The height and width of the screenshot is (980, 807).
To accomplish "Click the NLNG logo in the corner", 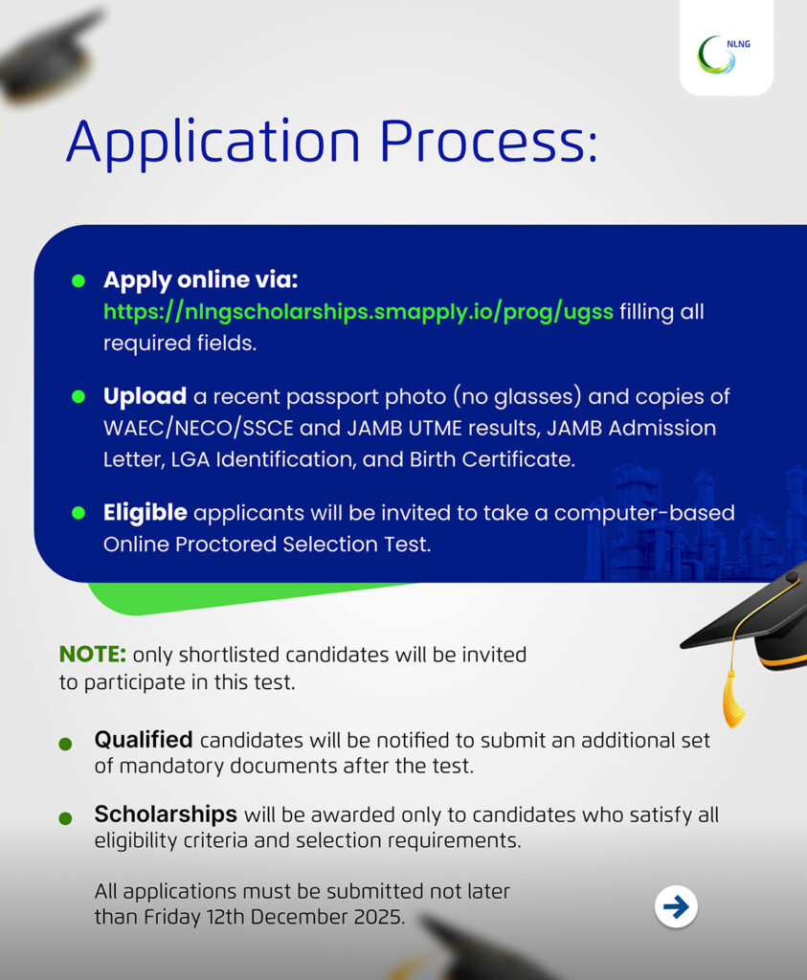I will click(x=725, y=54).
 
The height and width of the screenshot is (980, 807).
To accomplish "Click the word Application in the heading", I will click(x=213, y=142).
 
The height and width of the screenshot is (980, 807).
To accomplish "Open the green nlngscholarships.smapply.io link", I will click(x=358, y=312).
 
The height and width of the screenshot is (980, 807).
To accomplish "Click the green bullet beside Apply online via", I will click(x=78, y=281).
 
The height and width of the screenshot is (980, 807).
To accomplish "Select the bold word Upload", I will click(x=145, y=396).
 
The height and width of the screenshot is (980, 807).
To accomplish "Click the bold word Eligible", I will click(x=145, y=513).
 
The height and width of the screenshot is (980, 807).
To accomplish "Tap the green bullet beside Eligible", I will click(x=78, y=514).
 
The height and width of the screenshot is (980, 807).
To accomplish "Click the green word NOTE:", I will click(x=93, y=655).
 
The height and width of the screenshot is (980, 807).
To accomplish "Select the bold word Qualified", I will click(x=144, y=740).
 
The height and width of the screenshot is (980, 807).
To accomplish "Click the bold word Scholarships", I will click(x=166, y=814).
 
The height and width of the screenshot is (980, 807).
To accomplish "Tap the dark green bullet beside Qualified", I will click(x=65, y=744).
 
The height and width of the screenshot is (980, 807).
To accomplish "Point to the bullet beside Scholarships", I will click(x=65, y=818).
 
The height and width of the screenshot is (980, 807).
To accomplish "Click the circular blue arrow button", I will click(x=676, y=906).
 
